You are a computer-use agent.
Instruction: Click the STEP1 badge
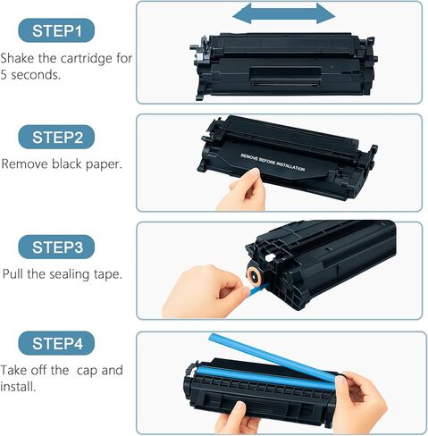[57, 30]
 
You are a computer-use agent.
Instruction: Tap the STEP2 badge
[57, 138]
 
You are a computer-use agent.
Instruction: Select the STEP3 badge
[57, 247]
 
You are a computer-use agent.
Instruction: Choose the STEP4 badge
[57, 342]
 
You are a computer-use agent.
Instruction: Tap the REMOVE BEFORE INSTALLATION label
[272, 162]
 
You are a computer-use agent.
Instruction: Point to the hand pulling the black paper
[243, 191]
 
